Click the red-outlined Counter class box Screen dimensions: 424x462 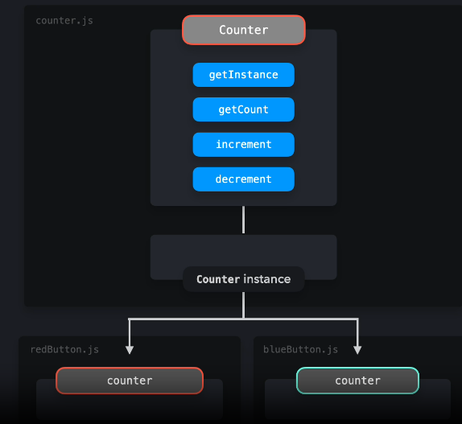pos(243,30)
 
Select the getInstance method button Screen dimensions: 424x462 pos(243,75)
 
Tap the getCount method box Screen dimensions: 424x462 pos(243,109)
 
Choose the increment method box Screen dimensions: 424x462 pos(243,145)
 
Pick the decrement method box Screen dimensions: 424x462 pos(243,179)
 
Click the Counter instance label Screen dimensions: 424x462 pos(243,279)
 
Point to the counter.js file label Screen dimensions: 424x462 pos(64,19)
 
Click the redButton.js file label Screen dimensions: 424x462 pos(64,349)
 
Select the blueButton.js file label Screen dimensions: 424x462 pos(300,349)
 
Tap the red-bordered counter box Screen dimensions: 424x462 pos(130,381)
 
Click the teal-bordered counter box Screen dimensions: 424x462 pos(357,381)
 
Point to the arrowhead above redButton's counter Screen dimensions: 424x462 pos(130,350)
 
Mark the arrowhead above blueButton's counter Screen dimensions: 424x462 pos(357,350)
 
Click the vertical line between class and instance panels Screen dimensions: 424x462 pos(243,220)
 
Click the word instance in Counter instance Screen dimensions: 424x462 pos(267,279)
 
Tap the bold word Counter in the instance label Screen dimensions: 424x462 pos(218,279)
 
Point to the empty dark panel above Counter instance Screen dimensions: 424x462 pos(243,250)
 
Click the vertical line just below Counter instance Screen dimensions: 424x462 pos(243,305)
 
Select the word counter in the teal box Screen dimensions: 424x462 pos(357,381)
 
